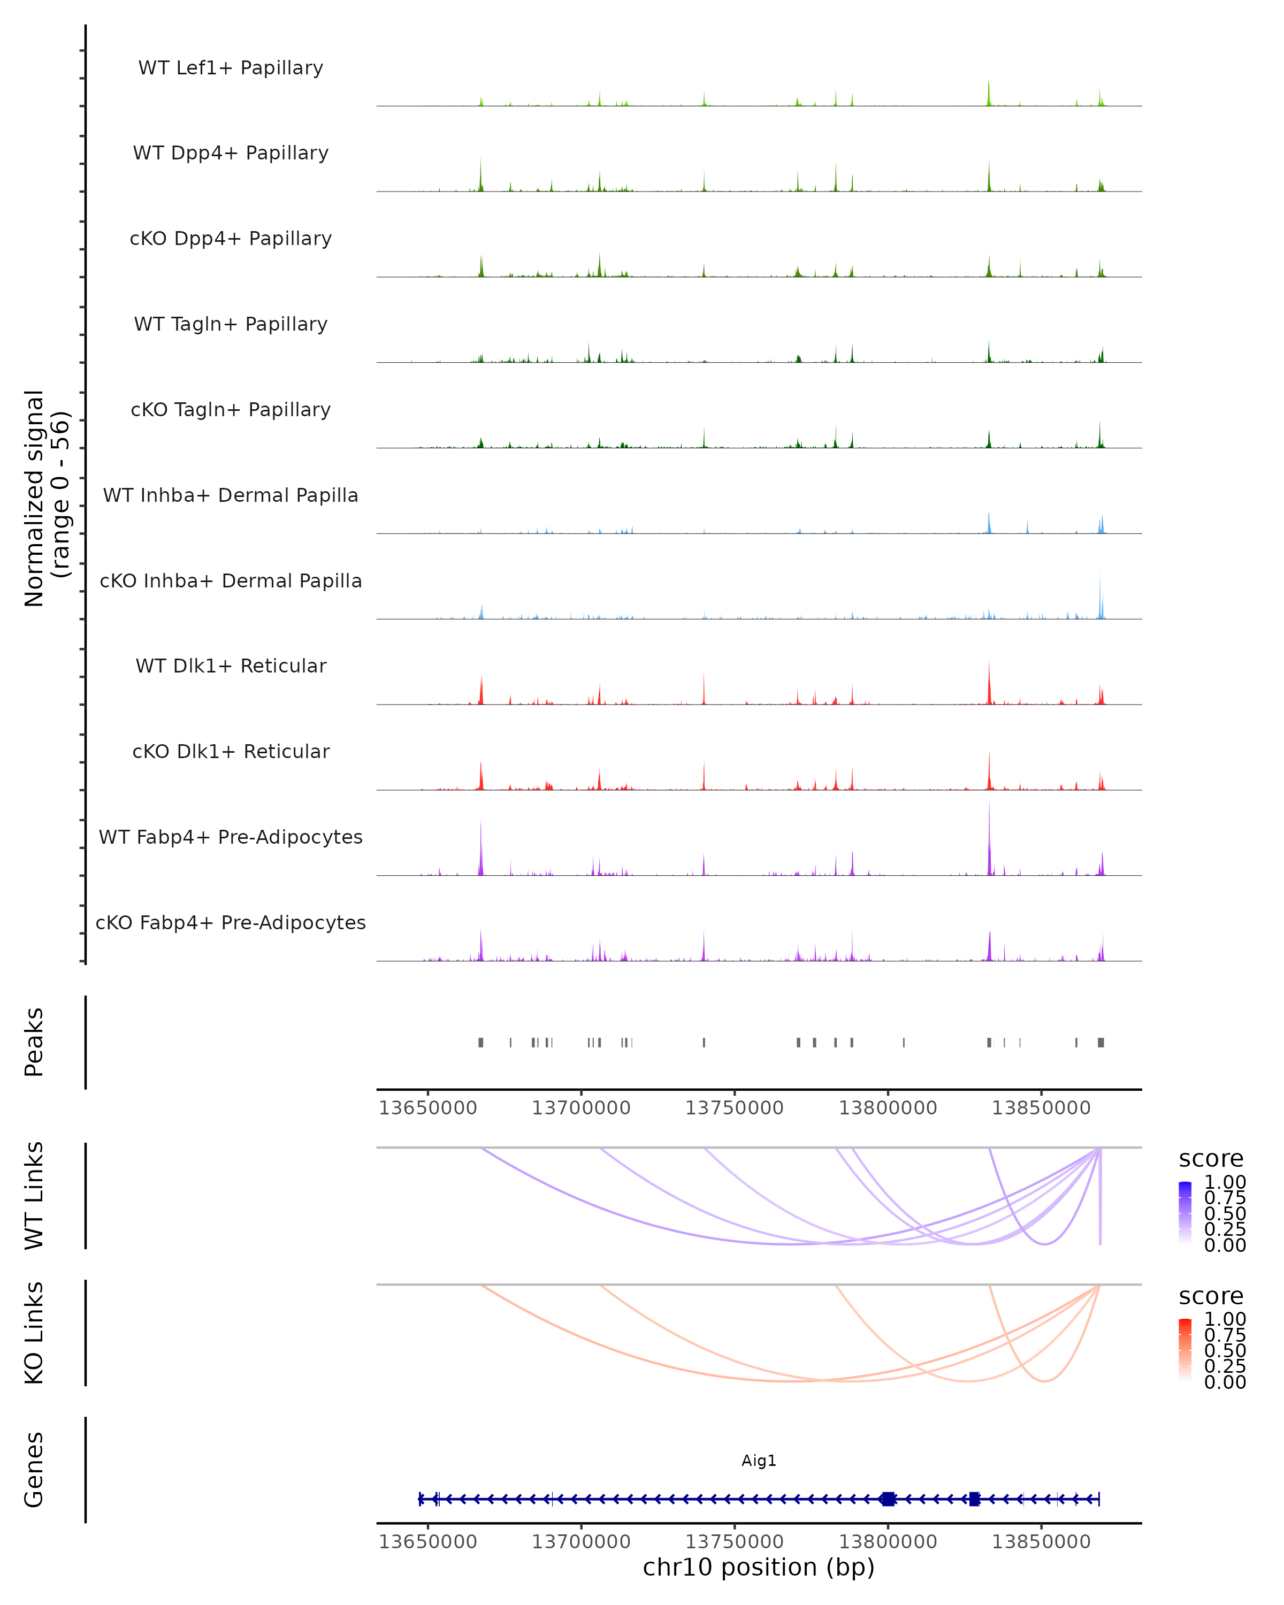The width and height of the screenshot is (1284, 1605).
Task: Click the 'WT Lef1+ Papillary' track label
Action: pyautogui.click(x=231, y=68)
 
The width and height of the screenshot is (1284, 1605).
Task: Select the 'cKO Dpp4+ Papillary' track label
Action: pyautogui.click(x=231, y=239)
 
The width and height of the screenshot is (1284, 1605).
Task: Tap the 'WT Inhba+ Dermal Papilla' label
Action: pyautogui.click(x=231, y=496)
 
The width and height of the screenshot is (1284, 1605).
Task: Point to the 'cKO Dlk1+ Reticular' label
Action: pyautogui.click(x=231, y=752)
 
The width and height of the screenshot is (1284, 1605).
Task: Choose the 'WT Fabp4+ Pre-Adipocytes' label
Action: pyautogui.click(x=231, y=837)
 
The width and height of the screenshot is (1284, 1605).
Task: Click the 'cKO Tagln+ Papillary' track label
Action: pyautogui.click(x=231, y=410)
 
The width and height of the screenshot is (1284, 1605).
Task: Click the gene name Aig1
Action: pyautogui.click(x=759, y=1461)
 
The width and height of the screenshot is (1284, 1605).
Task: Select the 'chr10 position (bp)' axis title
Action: pyautogui.click(x=759, y=1568)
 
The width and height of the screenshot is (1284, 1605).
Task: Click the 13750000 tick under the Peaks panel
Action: pyautogui.click(x=734, y=1108)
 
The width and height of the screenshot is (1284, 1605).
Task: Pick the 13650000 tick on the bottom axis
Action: pyautogui.click(x=428, y=1542)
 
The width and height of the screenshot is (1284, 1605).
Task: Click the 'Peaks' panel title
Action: pyautogui.click(x=34, y=1042)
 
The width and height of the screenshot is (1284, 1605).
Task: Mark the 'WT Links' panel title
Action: pyautogui.click(x=34, y=1196)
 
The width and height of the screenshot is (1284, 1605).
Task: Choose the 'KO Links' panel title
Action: pyautogui.click(x=34, y=1333)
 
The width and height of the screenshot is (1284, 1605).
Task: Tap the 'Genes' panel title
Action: pyautogui.click(x=34, y=1470)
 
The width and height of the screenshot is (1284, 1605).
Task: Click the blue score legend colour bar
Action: pyautogui.click(x=1185, y=1213)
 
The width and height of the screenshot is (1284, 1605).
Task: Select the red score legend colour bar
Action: pyautogui.click(x=1185, y=1350)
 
